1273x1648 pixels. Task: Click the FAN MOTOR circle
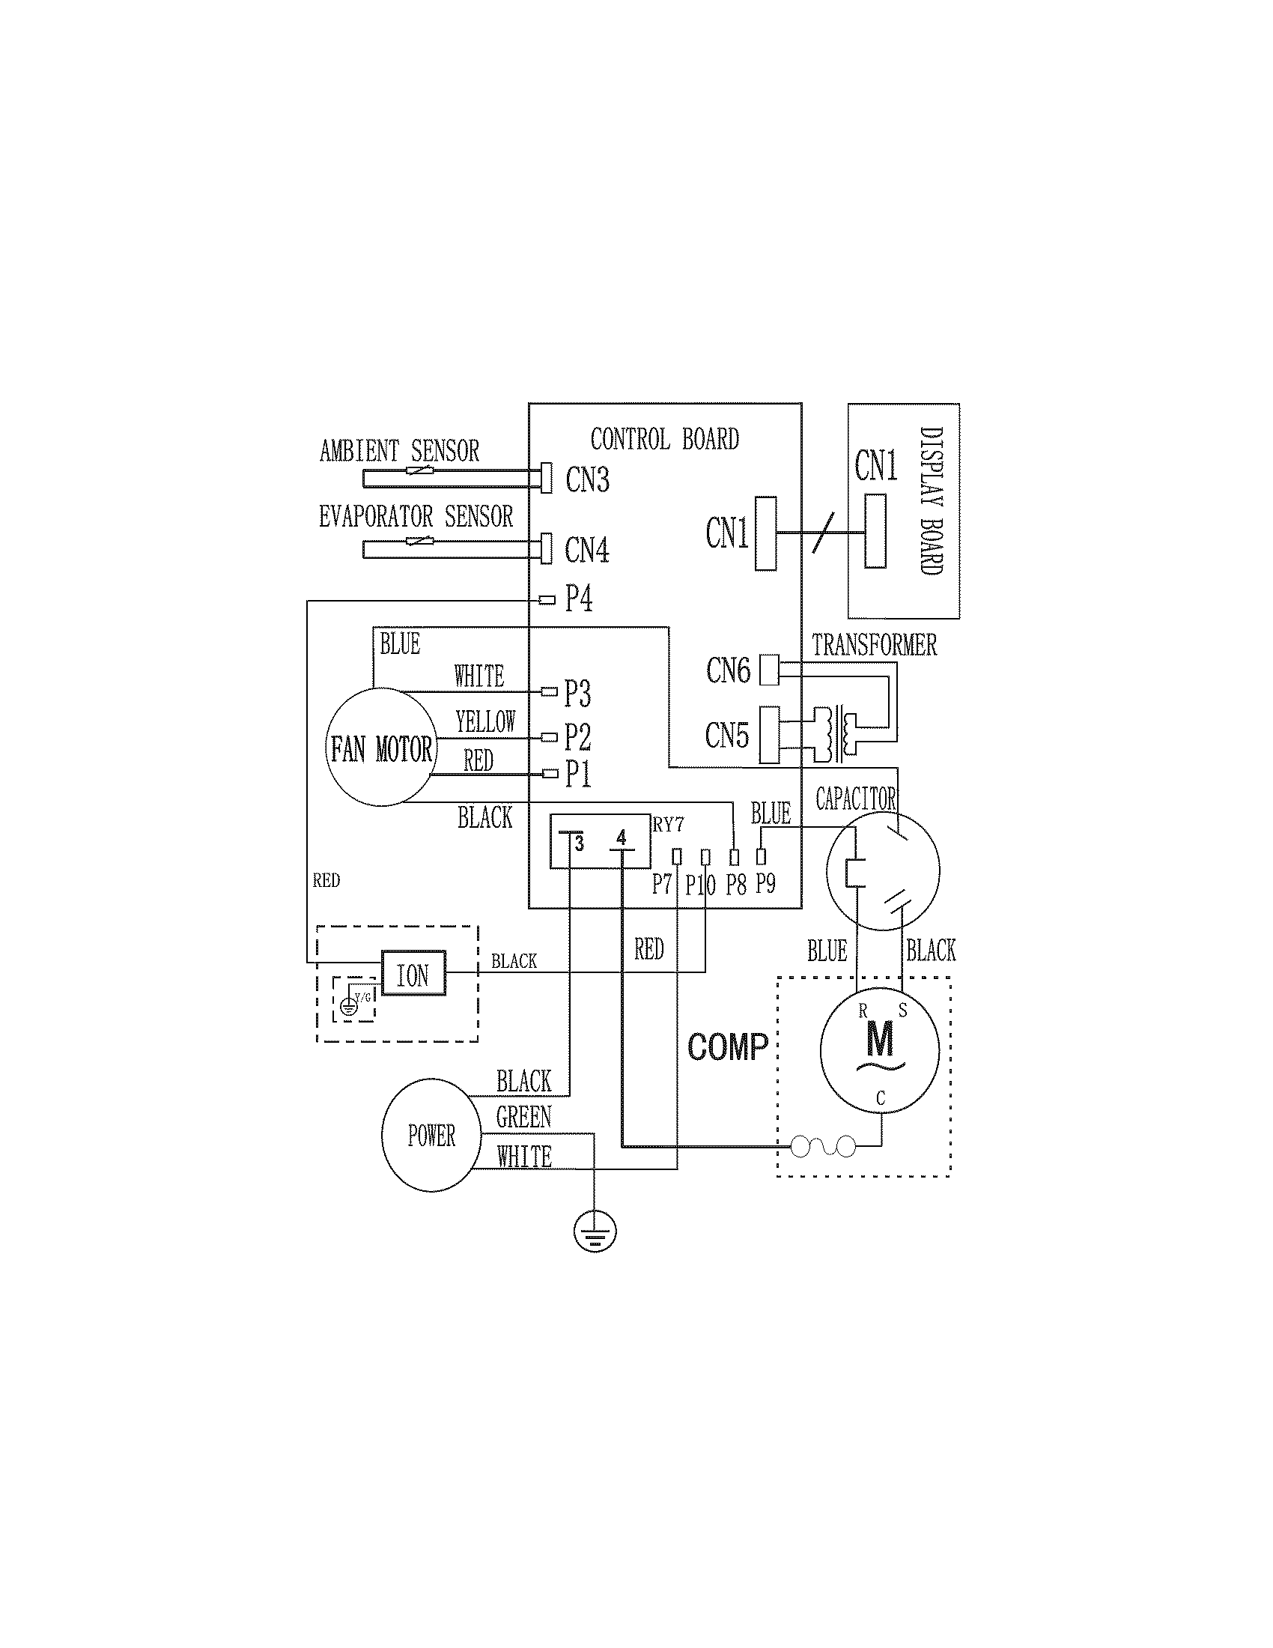(x=382, y=747)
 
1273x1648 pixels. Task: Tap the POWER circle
(x=431, y=1136)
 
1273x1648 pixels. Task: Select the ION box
(x=413, y=973)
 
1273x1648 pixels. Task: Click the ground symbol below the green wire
(x=595, y=1232)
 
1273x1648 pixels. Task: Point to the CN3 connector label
(x=587, y=480)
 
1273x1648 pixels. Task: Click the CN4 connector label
(x=587, y=549)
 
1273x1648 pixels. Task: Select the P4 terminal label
(x=578, y=599)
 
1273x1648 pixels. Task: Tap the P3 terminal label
(x=577, y=693)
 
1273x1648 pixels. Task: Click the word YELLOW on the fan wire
(x=485, y=722)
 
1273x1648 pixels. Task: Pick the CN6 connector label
(x=728, y=670)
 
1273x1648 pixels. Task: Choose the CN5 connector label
(x=727, y=735)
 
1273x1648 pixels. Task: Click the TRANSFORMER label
(x=874, y=645)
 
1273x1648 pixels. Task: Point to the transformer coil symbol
(x=836, y=734)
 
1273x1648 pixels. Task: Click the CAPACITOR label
(x=856, y=799)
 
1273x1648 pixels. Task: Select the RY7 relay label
(x=668, y=825)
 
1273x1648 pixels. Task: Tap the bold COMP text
(x=728, y=1047)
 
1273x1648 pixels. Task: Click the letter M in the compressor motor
(x=879, y=1039)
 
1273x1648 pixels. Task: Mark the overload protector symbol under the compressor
(x=823, y=1148)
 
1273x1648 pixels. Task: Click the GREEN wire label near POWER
(x=523, y=1118)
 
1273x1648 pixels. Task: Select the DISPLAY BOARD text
(x=932, y=501)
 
